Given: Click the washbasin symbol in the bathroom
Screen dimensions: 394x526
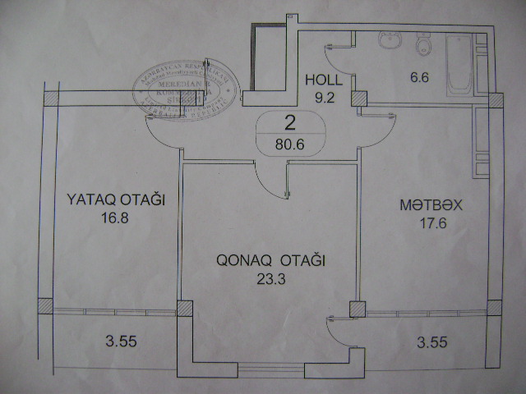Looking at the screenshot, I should pyautogui.click(x=389, y=40).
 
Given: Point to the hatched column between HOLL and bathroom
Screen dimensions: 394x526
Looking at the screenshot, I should pyautogui.click(x=360, y=98).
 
